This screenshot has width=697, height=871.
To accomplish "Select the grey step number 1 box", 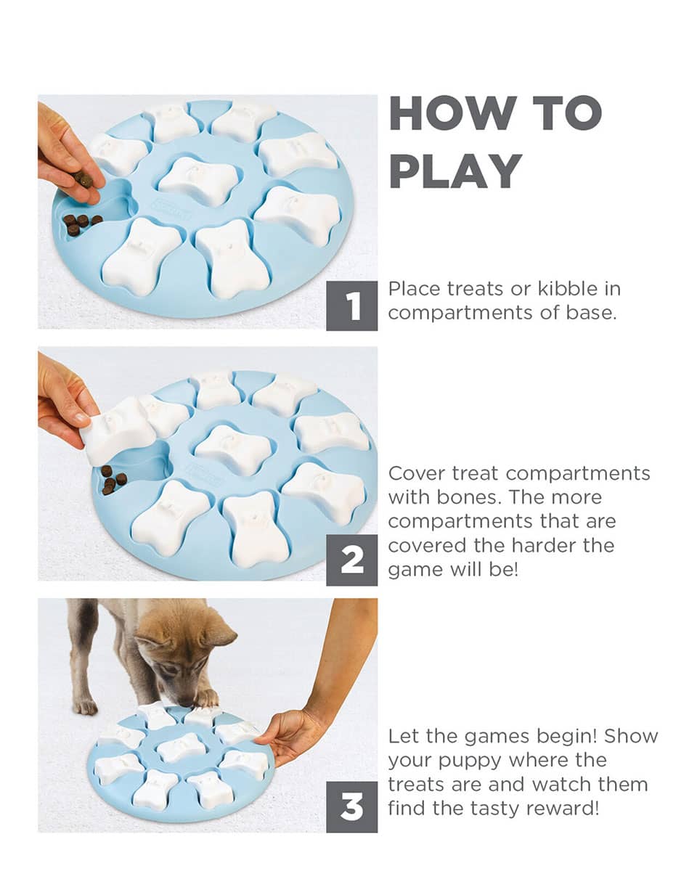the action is tap(351, 306).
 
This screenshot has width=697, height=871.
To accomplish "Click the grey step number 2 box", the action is tap(351, 560).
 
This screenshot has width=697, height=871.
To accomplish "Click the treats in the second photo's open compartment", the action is tap(113, 480).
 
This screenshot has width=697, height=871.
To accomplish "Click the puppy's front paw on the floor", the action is tap(86, 706).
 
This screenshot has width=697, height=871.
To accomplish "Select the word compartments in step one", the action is tap(460, 313).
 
